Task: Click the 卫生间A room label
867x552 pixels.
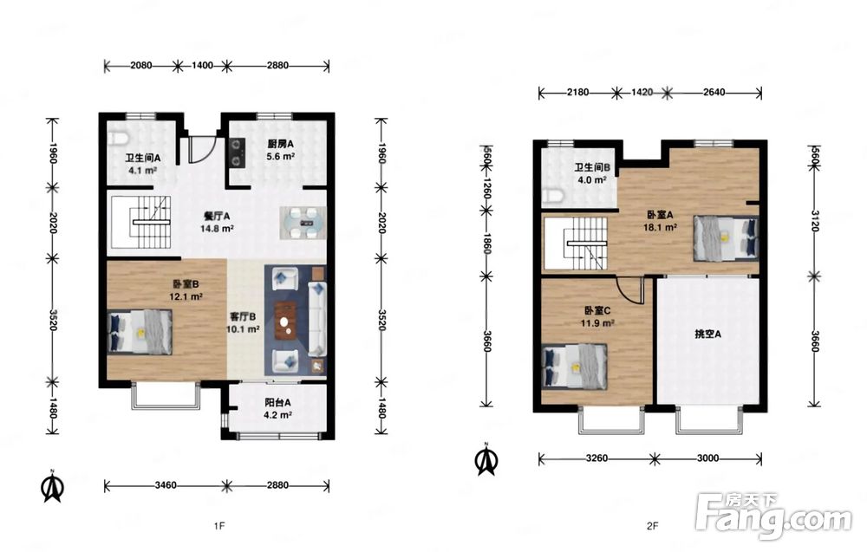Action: coord(143,158)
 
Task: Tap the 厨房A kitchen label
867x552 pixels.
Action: coord(280,144)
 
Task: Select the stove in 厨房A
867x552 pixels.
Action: coord(238,153)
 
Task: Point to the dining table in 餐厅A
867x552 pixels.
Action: coord(303,223)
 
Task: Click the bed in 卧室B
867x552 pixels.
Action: coord(140,332)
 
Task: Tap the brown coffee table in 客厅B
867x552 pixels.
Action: coord(284,321)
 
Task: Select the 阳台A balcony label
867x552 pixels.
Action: coord(277,403)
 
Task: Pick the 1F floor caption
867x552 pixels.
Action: coord(219,526)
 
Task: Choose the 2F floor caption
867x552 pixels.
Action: coord(653,526)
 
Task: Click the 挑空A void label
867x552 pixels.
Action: coord(707,334)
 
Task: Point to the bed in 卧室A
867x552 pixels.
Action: coord(726,238)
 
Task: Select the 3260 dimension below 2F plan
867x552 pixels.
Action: coord(596,458)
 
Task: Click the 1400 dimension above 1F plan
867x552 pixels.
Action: coord(202,65)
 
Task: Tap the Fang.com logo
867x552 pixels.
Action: coord(774,516)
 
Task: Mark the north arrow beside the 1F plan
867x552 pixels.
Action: coord(53,487)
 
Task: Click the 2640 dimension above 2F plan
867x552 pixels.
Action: coord(714,92)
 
